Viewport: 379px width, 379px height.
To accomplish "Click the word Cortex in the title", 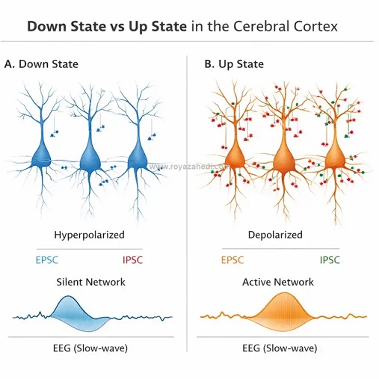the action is tap(315, 26).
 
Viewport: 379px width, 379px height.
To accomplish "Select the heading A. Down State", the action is tap(41, 64).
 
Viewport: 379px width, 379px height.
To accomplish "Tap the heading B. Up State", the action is tap(234, 64).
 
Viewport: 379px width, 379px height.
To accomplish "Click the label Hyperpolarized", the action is tap(90, 235).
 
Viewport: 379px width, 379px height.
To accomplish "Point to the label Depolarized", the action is tap(275, 235).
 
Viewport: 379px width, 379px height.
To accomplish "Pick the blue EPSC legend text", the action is tap(47, 260).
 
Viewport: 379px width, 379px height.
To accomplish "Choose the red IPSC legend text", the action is tap(133, 260).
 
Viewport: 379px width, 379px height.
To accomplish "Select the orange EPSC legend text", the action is tap(232, 260).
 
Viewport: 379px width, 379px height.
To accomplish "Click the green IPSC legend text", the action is tap(330, 260).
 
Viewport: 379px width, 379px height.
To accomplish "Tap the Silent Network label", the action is tap(91, 282).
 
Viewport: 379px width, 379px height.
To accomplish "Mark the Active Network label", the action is tap(278, 282).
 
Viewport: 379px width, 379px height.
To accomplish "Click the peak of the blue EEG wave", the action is tap(68, 296).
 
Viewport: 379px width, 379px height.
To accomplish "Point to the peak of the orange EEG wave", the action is tap(285, 293).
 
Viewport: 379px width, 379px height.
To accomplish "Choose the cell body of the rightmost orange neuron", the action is tap(336, 158).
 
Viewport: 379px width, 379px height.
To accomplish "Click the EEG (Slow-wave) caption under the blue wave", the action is tap(90, 348).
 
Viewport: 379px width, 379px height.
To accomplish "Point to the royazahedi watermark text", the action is tap(188, 166).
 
